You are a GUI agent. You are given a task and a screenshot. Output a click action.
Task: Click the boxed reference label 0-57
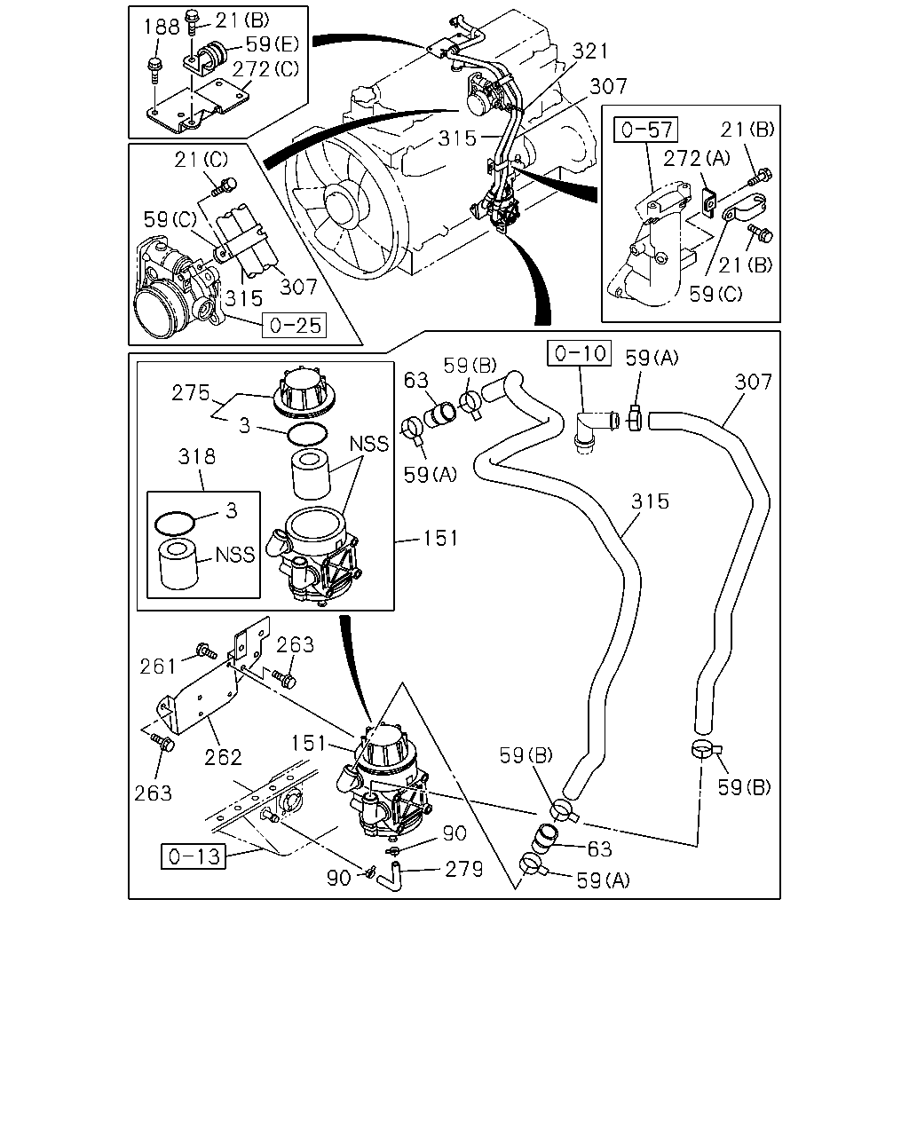[646, 130]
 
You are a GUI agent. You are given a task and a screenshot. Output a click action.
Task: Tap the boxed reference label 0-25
[294, 325]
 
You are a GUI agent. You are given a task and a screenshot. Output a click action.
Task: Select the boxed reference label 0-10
[579, 353]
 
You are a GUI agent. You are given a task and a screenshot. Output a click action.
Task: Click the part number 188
[162, 27]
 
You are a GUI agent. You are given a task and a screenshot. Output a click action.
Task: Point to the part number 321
[590, 51]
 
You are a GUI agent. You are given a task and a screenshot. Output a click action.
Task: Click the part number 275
[191, 393]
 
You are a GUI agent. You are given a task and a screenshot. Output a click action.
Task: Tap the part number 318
[197, 456]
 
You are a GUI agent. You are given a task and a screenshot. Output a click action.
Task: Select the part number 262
[224, 758]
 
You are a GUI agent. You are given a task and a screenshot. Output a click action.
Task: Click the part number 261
[158, 667]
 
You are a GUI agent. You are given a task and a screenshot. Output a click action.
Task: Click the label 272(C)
[265, 69]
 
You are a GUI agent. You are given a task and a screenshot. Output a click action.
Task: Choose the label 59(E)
[273, 44]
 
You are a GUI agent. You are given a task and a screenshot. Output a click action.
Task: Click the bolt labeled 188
[154, 70]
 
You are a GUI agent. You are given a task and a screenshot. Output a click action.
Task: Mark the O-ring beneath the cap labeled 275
[307, 435]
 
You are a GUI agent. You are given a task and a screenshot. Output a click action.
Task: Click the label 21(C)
[202, 160]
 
